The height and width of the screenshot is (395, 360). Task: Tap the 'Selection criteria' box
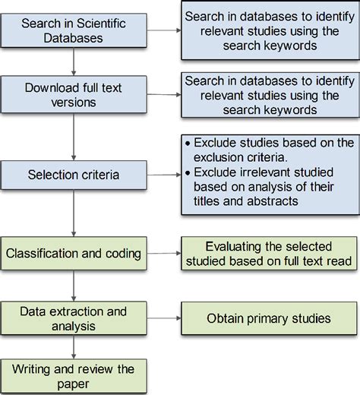coord(74,175)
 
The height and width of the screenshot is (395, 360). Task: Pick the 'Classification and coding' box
coord(74,249)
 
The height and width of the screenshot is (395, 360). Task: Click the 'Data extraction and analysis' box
coord(74,318)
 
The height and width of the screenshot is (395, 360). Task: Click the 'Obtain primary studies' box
coord(268,318)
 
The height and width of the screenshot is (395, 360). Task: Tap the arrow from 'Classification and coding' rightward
coord(163,249)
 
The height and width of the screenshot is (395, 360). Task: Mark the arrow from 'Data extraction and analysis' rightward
coord(163,318)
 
